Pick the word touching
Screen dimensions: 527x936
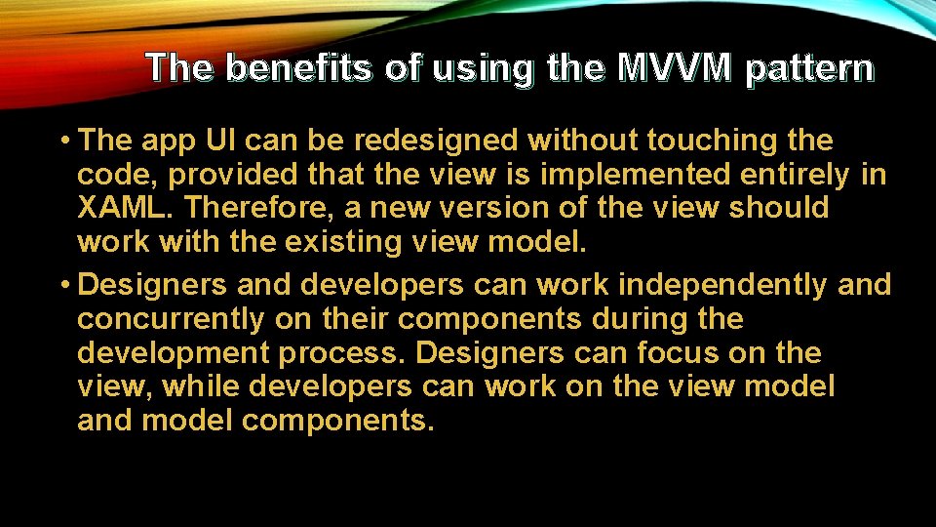tap(696, 141)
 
